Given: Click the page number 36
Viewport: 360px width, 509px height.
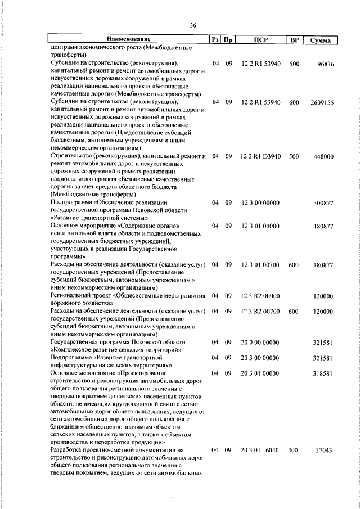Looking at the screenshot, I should coord(193,25).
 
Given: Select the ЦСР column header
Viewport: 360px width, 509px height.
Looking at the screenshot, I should coord(260,40).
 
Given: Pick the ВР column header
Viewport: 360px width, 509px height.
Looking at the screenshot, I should coord(293,40).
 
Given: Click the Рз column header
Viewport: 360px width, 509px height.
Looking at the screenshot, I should coord(215,40).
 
